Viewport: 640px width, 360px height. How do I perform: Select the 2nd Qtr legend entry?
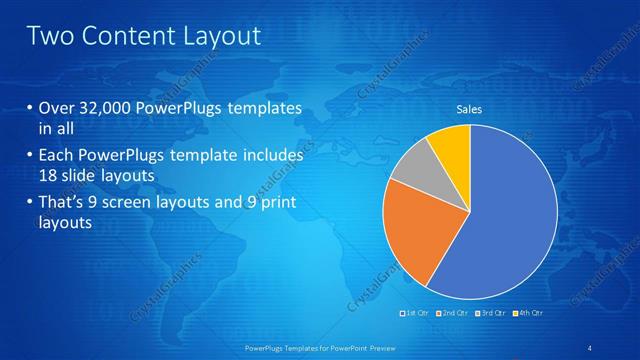(x=455, y=313)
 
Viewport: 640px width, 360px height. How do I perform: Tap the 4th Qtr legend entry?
(x=530, y=313)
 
